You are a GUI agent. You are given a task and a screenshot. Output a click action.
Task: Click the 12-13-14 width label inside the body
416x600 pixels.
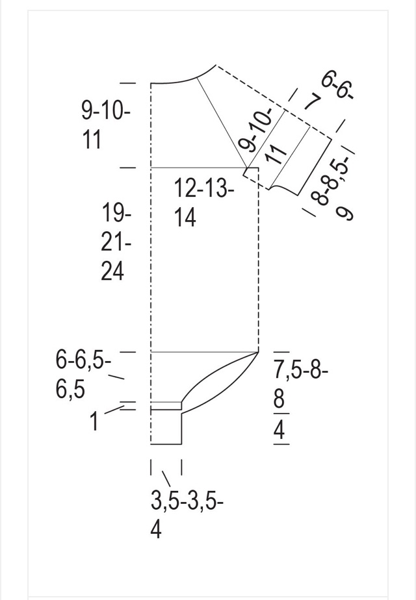tap(204, 203)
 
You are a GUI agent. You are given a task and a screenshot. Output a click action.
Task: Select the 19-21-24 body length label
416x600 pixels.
tap(116, 242)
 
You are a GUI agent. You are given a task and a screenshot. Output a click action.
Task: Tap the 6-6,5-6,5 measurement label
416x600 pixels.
tap(83, 375)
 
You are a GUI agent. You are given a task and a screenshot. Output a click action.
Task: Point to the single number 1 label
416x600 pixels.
tap(94, 421)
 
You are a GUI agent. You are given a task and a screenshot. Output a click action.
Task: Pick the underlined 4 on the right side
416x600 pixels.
tap(279, 429)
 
